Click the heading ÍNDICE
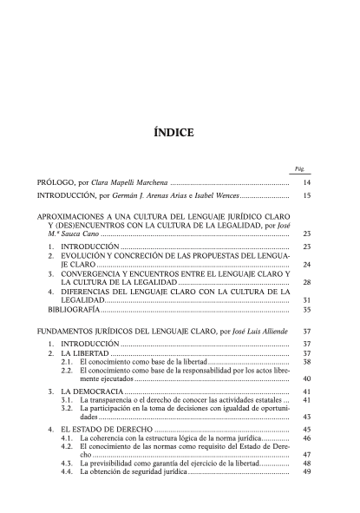click(180, 133)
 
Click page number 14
click(305, 185)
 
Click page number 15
click(305, 197)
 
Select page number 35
click(305, 309)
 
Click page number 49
click(305, 472)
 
